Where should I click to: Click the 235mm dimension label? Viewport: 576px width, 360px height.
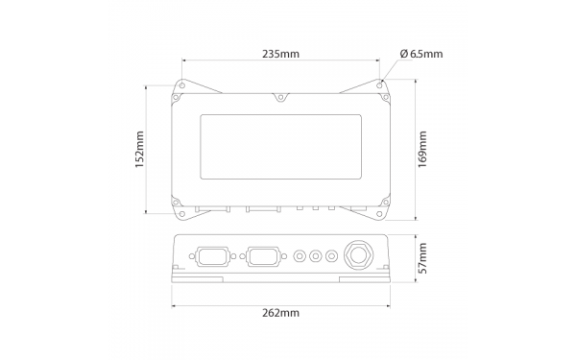point(280,54)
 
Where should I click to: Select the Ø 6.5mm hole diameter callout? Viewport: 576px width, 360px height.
point(421,54)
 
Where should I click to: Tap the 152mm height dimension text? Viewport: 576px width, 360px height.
point(139,150)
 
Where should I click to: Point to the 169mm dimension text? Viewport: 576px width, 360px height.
point(422,149)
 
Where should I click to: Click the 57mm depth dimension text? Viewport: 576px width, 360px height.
point(422,258)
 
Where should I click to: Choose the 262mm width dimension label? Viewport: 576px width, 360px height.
point(280,313)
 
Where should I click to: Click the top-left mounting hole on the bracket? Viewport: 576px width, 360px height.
point(182,85)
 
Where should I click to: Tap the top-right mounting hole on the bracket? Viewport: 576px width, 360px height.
point(379,85)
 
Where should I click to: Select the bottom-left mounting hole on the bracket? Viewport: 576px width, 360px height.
point(182,214)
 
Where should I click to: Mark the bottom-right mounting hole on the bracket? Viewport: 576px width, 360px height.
point(379,214)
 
